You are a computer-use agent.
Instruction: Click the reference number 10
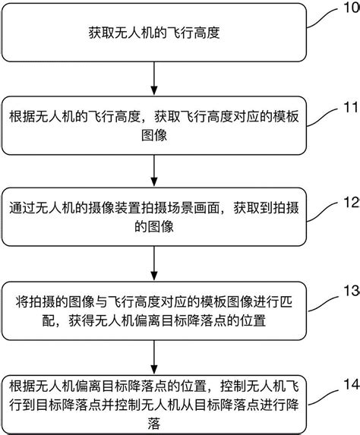click(x=351, y=9)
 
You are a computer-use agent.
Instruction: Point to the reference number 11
click(x=351, y=106)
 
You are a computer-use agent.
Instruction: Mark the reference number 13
click(x=351, y=291)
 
